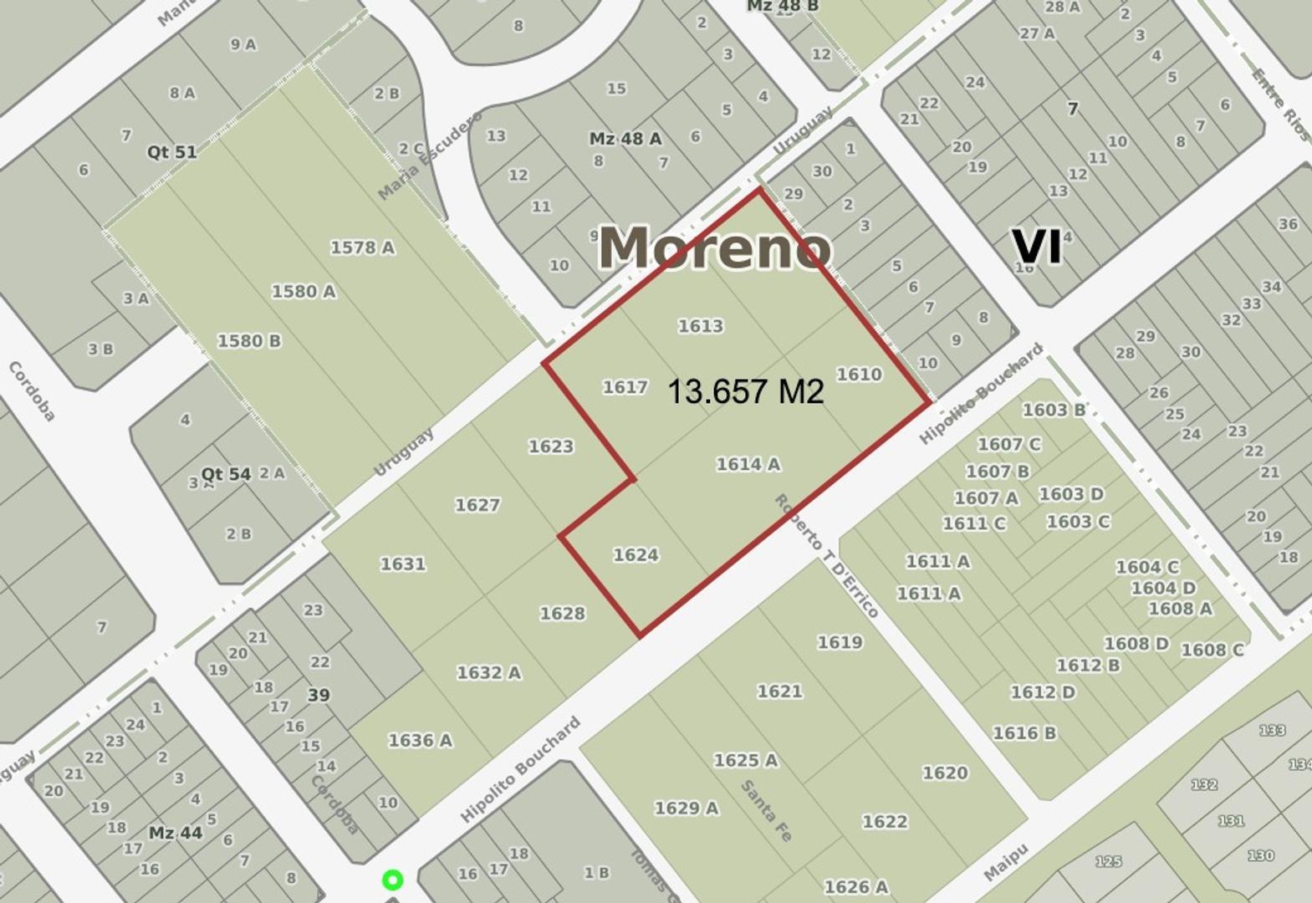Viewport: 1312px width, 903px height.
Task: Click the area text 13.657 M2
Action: [745, 391]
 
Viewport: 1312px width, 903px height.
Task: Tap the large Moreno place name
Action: [715, 247]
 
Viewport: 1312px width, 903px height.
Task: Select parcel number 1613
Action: [701, 326]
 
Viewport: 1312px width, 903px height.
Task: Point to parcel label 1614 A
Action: [748, 464]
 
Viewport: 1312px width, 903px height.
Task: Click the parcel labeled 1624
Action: [636, 555]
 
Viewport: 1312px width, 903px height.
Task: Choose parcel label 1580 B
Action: [249, 341]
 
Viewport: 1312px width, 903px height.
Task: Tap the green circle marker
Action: [392, 880]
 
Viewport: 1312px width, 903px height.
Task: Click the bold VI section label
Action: [1037, 247]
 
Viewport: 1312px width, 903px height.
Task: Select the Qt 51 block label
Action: [172, 152]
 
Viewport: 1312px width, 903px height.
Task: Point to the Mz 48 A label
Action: [625, 139]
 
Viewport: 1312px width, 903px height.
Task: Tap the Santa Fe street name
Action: [766, 810]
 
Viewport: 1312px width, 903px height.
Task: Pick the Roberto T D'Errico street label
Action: [826, 556]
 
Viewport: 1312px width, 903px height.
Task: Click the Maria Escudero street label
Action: [430, 156]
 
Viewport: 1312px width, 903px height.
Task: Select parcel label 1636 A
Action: [420, 741]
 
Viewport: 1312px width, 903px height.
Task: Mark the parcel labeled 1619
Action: [840, 642]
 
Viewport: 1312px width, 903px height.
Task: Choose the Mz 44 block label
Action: [176, 833]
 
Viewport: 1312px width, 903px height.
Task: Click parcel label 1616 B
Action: [1024, 733]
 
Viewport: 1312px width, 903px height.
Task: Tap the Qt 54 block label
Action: [226, 474]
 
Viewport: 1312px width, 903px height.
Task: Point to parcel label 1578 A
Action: [362, 247]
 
